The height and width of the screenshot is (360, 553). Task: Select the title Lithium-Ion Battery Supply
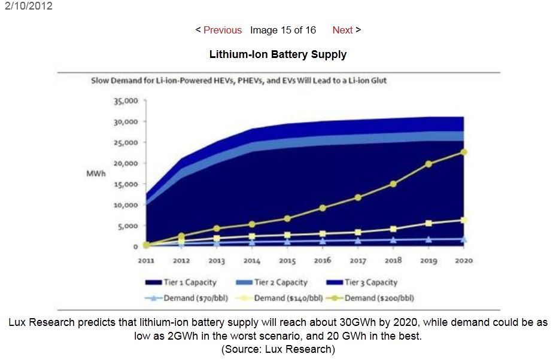278,54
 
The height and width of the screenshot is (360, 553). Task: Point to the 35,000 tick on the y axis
126,101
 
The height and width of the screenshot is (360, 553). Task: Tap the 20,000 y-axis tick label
126,163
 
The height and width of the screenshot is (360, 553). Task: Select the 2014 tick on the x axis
251,261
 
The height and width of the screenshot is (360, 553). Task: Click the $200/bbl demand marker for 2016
322,208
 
